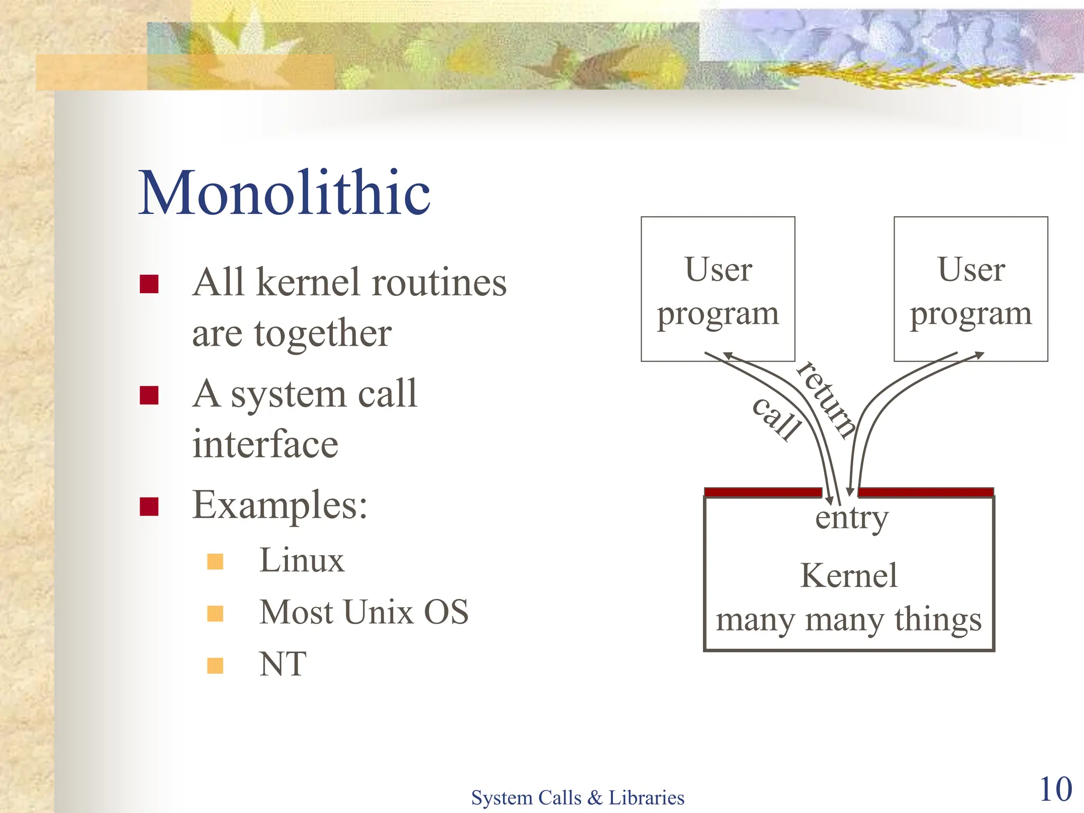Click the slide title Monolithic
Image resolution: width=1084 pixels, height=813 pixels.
click(284, 193)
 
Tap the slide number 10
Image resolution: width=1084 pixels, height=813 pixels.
click(1055, 789)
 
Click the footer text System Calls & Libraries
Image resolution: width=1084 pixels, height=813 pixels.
click(577, 798)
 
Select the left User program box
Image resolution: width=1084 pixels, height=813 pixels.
click(718, 289)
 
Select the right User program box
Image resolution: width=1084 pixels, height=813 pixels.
click(971, 289)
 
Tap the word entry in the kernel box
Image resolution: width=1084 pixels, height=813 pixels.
click(851, 518)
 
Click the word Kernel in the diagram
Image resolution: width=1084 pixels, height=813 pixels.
click(848, 575)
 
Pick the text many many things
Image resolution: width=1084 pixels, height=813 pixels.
click(848, 619)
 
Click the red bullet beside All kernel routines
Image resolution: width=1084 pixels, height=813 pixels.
click(149, 284)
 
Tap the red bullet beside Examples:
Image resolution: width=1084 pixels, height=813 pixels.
click(149, 506)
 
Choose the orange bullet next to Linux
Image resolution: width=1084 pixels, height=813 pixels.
click(215, 562)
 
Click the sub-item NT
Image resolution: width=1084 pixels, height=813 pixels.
click(283, 664)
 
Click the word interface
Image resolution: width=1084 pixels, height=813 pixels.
click(265, 444)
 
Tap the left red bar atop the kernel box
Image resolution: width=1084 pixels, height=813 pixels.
click(762, 492)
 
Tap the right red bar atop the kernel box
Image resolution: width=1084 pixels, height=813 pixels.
click(925, 492)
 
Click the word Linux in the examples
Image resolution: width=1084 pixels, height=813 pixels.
click(302, 561)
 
